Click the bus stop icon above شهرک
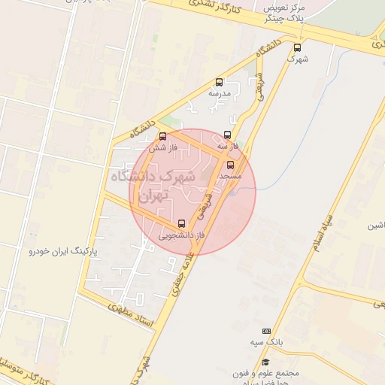298,47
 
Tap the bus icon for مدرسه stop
219,82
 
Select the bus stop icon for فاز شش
162,136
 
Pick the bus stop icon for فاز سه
227,135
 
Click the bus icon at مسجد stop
230,164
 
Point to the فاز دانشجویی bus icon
181,223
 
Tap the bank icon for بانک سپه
266,331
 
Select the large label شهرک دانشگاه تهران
153,185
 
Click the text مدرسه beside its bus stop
219,93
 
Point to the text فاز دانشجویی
179,235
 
